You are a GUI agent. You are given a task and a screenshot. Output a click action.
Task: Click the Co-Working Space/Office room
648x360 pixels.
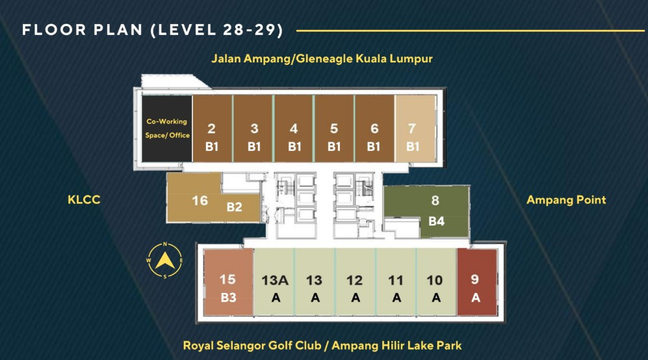(x=167, y=129)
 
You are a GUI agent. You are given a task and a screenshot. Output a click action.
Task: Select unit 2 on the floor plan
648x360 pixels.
(x=213, y=129)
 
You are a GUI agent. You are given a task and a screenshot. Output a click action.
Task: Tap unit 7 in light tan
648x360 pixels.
(x=415, y=129)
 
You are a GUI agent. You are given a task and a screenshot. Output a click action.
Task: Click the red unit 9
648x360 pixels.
(x=476, y=282)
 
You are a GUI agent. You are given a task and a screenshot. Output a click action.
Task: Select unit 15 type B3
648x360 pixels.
(x=228, y=282)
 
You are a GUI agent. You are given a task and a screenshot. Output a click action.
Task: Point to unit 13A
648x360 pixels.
(x=274, y=282)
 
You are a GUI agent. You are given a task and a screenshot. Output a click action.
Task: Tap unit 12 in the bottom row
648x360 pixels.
(x=355, y=282)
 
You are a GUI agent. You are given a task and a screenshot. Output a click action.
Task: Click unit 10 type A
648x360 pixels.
(x=436, y=282)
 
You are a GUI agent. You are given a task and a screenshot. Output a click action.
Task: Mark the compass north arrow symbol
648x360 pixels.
(x=165, y=261)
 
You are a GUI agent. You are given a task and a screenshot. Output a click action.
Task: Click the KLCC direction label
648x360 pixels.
(x=84, y=199)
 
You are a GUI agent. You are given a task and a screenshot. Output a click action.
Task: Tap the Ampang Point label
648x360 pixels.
(x=566, y=200)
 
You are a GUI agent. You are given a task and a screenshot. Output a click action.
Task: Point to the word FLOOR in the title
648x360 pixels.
(x=54, y=30)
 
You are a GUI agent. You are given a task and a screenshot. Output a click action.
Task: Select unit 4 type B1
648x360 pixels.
(x=294, y=129)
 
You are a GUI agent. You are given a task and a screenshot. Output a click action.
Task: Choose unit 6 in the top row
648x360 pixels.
(x=374, y=129)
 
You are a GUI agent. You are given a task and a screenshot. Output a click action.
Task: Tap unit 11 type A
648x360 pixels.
(x=396, y=282)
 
